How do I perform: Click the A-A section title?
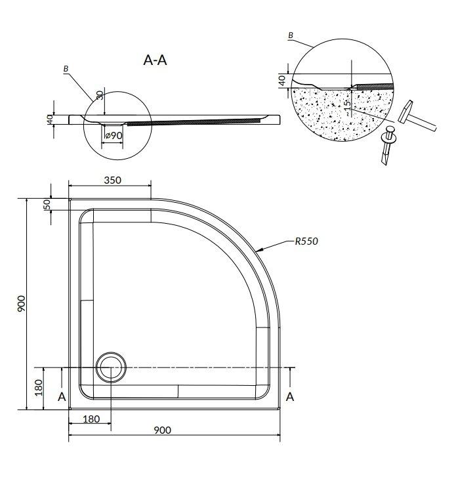pyautogui.click(x=155, y=60)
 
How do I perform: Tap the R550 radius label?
pyautogui.click(x=306, y=241)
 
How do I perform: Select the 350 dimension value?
pyautogui.click(x=113, y=180)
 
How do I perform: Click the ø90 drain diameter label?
pyautogui.click(x=114, y=135)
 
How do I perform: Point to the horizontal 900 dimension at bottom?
pyautogui.click(x=162, y=430)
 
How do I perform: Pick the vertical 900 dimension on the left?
pyautogui.click(x=22, y=304)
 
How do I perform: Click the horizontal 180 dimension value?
pyautogui.click(x=91, y=419)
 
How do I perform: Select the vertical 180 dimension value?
pyautogui.click(x=39, y=388)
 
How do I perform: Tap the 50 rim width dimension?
pyautogui.click(x=47, y=204)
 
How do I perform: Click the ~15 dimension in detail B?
pyautogui.click(x=347, y=107)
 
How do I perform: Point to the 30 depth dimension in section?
pyautogui.click(x=100, y=94)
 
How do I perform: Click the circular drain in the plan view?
pyautogui.click(x=111, y=367)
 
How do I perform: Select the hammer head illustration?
pyautogui.click(x=405, y=112)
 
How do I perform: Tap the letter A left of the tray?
pyautogui.click(x=62, y=397)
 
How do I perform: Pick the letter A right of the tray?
pyautogui.click(x=290, y=397)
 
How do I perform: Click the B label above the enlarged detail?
pyautogui.click(x=291, y=35)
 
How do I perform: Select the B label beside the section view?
pyautogui.click(x=66, y=69)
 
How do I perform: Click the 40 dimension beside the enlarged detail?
pyautogui.click(x=283, y=81)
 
